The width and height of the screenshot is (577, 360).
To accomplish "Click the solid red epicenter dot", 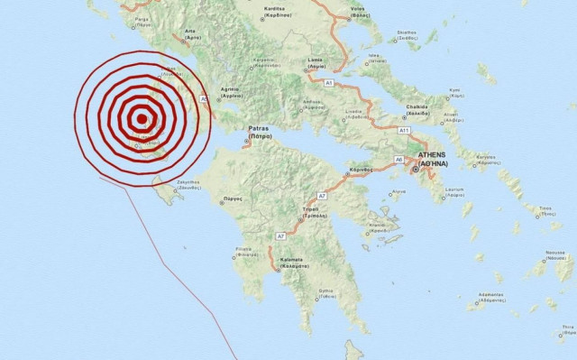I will (141, 117).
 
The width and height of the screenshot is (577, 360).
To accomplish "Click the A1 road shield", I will (329, 83).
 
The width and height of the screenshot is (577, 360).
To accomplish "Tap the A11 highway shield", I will (405, 131).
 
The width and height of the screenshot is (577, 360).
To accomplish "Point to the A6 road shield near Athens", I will (398, 160).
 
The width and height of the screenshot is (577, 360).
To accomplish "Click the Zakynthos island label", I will (187, 182).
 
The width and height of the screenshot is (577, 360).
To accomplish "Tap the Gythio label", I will (326, 295).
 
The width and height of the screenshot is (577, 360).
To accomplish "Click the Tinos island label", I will (544, 211).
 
